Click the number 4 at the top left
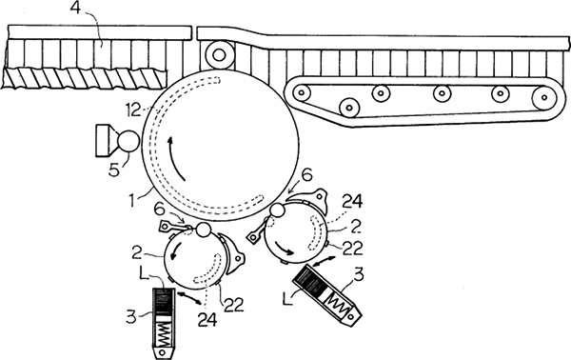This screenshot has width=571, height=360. pyautogui.click(x=75, y=8)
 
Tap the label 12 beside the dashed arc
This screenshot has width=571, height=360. pyautogui.click(x=133, y=110)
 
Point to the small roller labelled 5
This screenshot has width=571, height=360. pyautogui.click(x=128, y=141)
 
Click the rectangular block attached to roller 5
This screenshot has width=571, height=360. pyautogui.click(x=105, y=141)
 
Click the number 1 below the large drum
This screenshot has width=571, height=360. pyautogui.click(x=134, y=200)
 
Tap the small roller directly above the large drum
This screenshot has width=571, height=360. pyautogui.click(x=219, y=55)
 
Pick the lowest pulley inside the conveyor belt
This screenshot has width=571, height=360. pyautogui.click(x=349, y=108)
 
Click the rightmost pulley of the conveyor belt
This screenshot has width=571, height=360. pyautogui.click(x=544, y=98)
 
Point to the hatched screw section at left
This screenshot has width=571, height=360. pyautogui.click(x=84, y=78)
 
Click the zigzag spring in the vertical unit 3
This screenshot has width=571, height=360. pyautogui.click(x=164, y=336)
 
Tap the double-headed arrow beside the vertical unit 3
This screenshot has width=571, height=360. pyautogui.click(x=189, y=297)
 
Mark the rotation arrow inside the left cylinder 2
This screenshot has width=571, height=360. pyautogui.click(x=174, y=250)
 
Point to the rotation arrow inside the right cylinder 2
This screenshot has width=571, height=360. pyautogui.click(x=283, y=249)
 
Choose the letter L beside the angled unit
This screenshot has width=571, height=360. pyautogui.click(x=288, y=298)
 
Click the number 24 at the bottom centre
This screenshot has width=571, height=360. pyautogui.click(x=207, y=319)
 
